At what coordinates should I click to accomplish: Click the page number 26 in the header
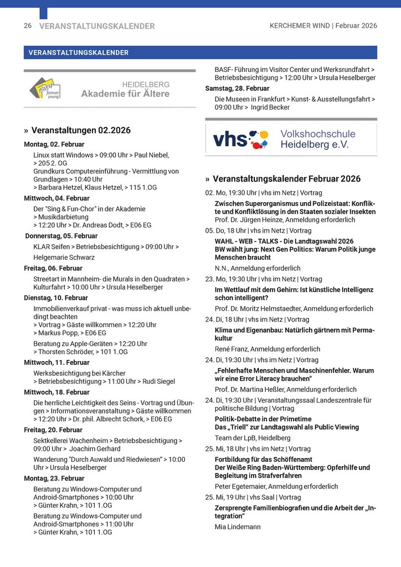(28, 26)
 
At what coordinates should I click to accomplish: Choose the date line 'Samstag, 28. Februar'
(237, 89)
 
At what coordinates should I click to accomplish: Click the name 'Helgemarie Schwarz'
(64, 257)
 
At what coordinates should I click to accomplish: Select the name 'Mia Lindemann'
(238, 527)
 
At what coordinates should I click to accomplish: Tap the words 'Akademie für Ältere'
(125, 94)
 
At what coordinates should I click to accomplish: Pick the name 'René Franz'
(232, 349)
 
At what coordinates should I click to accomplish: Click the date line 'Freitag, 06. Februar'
(53, 269)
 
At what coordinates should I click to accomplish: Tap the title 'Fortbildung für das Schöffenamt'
(263, 460)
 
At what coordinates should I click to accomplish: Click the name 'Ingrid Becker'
(270, 107)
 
